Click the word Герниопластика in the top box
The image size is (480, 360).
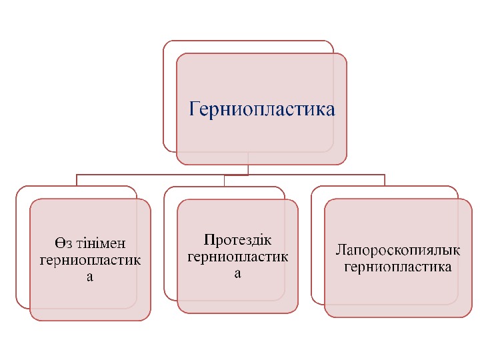pyautogui.click(x=262, y=109)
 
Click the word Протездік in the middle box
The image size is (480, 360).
pyautogui.click(x=238, y=240)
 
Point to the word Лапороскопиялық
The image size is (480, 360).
pyautogui.click(x=398, y=252)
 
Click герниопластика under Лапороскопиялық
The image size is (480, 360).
pyautogui.click(x=398, y=267)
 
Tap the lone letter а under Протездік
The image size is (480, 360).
pyautogui.click(x=238, y=273)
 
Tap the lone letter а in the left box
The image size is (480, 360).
pyautogui.click(x=90, y=276)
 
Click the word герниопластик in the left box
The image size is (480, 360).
pyautogui.click(x=90, y=260)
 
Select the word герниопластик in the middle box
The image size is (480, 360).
pyautogui.click(x=238, y=257)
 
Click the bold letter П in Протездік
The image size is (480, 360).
pyautogui.click(x=208, y=240)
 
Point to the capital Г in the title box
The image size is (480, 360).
pyautogui.click(x=195, y=109)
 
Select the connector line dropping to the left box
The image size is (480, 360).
pyautogui.click(x=77, y=179)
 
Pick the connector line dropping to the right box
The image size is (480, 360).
pyautogui.click(x=385, y=179)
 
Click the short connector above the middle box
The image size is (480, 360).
pyautogui.click(x=225, y=180)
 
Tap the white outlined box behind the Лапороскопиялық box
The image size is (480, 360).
pyautogui.click(x=317, y=247)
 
